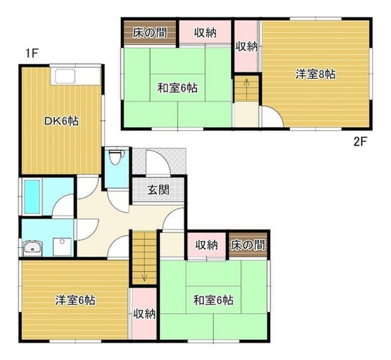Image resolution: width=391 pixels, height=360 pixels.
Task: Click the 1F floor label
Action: click(x=31, y=54)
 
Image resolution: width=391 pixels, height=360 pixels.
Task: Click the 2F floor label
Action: click(x=360, y=142)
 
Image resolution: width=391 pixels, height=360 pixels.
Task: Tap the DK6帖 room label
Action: click(x=61, y=121)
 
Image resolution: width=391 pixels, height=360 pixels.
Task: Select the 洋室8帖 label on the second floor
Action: click(x=315, y=74)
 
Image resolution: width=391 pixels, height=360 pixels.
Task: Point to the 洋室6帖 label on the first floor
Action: click(x=75, y=300)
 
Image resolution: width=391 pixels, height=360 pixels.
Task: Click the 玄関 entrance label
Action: click(x=159, y=190)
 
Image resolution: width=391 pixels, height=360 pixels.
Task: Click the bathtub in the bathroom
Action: click(x=32, y=196)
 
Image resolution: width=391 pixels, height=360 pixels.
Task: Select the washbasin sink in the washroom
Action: click(x=32, y=248)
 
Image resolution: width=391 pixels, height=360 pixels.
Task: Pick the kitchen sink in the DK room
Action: click(x=65, y=76)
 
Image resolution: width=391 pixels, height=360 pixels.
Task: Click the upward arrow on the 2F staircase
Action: click(x=247, y=89)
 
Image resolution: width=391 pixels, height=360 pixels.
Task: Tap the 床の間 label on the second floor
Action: click(x=150, y=32)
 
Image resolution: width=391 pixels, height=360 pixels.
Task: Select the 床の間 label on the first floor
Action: click(x=247, y=245)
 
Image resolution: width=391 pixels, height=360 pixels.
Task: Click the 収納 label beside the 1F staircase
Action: click(x=144, y=314)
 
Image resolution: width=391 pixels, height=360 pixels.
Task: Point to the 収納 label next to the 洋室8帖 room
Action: click(x=247, y=46)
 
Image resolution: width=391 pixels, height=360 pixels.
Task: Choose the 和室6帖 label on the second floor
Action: click(x=178, y=88)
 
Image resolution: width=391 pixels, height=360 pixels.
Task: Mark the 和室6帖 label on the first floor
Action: click(x=213, y=300)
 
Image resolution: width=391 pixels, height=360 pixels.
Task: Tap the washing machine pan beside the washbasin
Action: click(x=62, y=247)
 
